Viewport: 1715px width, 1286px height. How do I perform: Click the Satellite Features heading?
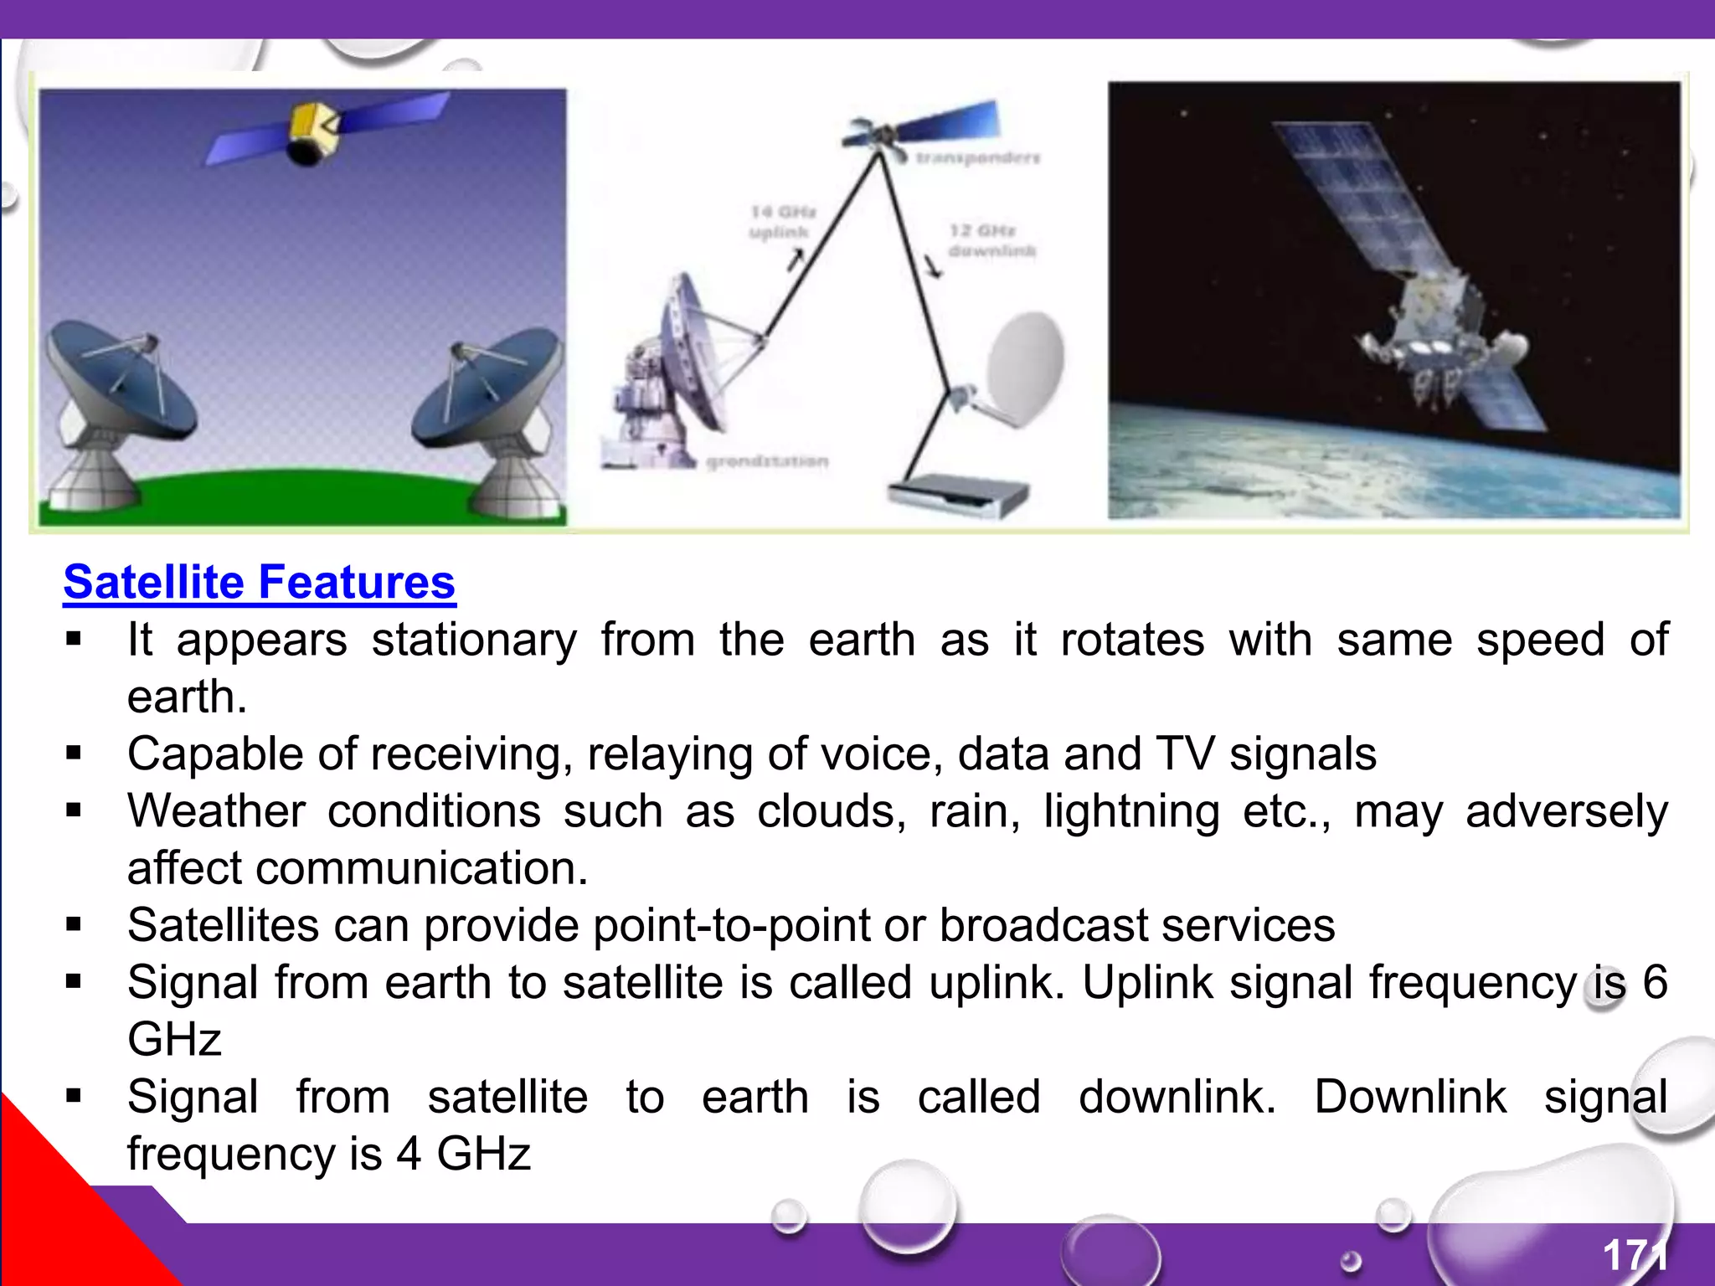(260, 583)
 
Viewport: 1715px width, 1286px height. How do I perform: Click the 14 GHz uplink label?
(780, 222)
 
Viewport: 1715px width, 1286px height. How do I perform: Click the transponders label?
(976, 157)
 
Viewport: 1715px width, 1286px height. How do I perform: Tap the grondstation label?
(767, 461)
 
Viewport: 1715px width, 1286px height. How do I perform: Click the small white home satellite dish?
(1023, 364)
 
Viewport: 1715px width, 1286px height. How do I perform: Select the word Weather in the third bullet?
(216, 812)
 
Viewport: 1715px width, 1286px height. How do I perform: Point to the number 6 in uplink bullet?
(1655, 982)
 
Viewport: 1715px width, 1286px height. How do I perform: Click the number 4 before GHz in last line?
(409, 1155)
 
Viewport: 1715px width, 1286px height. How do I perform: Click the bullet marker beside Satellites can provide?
(74, 925)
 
